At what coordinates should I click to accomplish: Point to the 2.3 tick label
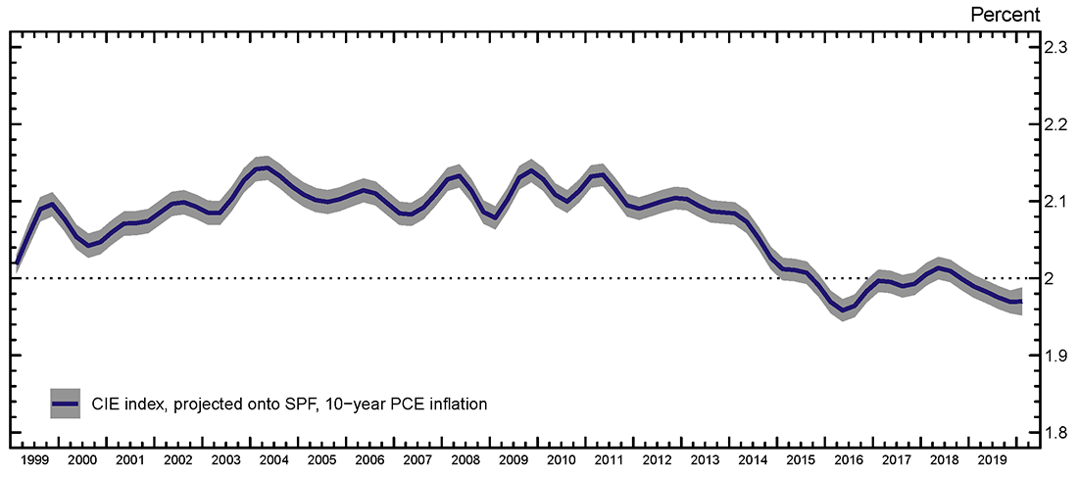click(x=1053, y=47)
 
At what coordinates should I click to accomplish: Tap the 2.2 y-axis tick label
click(x=1053, y=124)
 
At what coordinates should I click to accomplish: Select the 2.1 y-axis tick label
click(x=1053, y=202)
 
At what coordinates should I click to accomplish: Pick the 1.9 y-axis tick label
click(x=1053, y=356)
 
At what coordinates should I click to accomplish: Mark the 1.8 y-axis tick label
click(x=1053, y=433)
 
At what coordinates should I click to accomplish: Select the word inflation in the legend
click(x=454, y=403)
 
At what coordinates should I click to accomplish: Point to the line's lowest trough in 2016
click(x=842, y=310)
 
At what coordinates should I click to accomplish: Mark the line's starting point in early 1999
click(x=18, y=263)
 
